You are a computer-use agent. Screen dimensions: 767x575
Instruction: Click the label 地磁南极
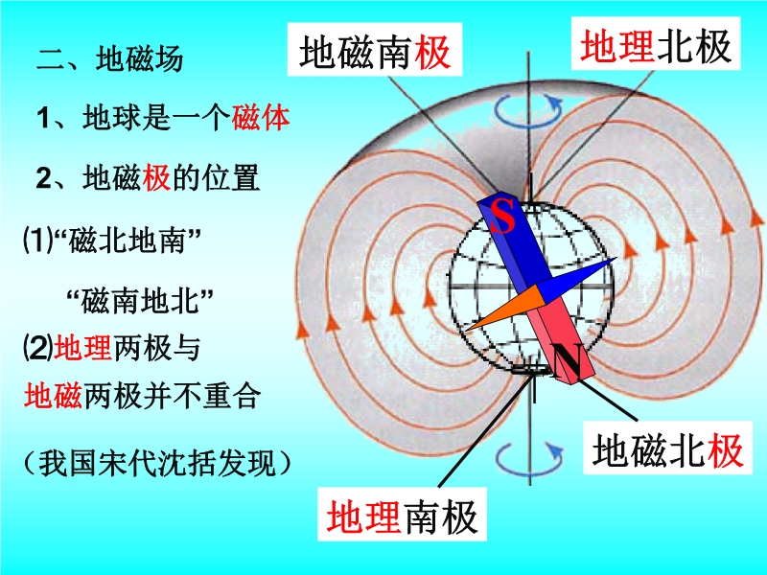pos(375,51)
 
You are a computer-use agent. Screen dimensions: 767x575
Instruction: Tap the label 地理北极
pos(656,45)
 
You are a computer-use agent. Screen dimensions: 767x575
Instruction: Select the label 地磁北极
pos(667,448)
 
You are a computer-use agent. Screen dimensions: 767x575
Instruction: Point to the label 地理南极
pos(402,516)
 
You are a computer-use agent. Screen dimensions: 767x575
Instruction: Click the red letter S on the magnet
pos(502,216)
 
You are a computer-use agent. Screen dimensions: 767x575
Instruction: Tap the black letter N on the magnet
pos(566,361)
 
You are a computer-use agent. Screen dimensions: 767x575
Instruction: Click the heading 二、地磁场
pos(109,59)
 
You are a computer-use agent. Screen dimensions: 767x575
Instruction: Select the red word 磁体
pos(261,118)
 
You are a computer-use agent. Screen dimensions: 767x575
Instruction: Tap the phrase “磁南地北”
pos(141,300)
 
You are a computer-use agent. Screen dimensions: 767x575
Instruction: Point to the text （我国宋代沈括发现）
pos(157,462)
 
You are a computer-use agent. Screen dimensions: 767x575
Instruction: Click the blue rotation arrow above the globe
pos(528,110)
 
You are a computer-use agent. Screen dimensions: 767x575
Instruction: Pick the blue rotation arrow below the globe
pos(529,459)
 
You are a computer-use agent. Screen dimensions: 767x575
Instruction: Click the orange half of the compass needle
pos(504,308)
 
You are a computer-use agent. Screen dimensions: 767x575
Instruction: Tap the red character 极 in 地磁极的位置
pos(156,177)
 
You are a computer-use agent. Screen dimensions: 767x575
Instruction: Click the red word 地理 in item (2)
pos(83,348)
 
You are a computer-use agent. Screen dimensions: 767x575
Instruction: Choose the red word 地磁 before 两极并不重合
pos(54,395)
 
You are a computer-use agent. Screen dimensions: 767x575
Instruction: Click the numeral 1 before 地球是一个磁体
pos(43,118)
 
